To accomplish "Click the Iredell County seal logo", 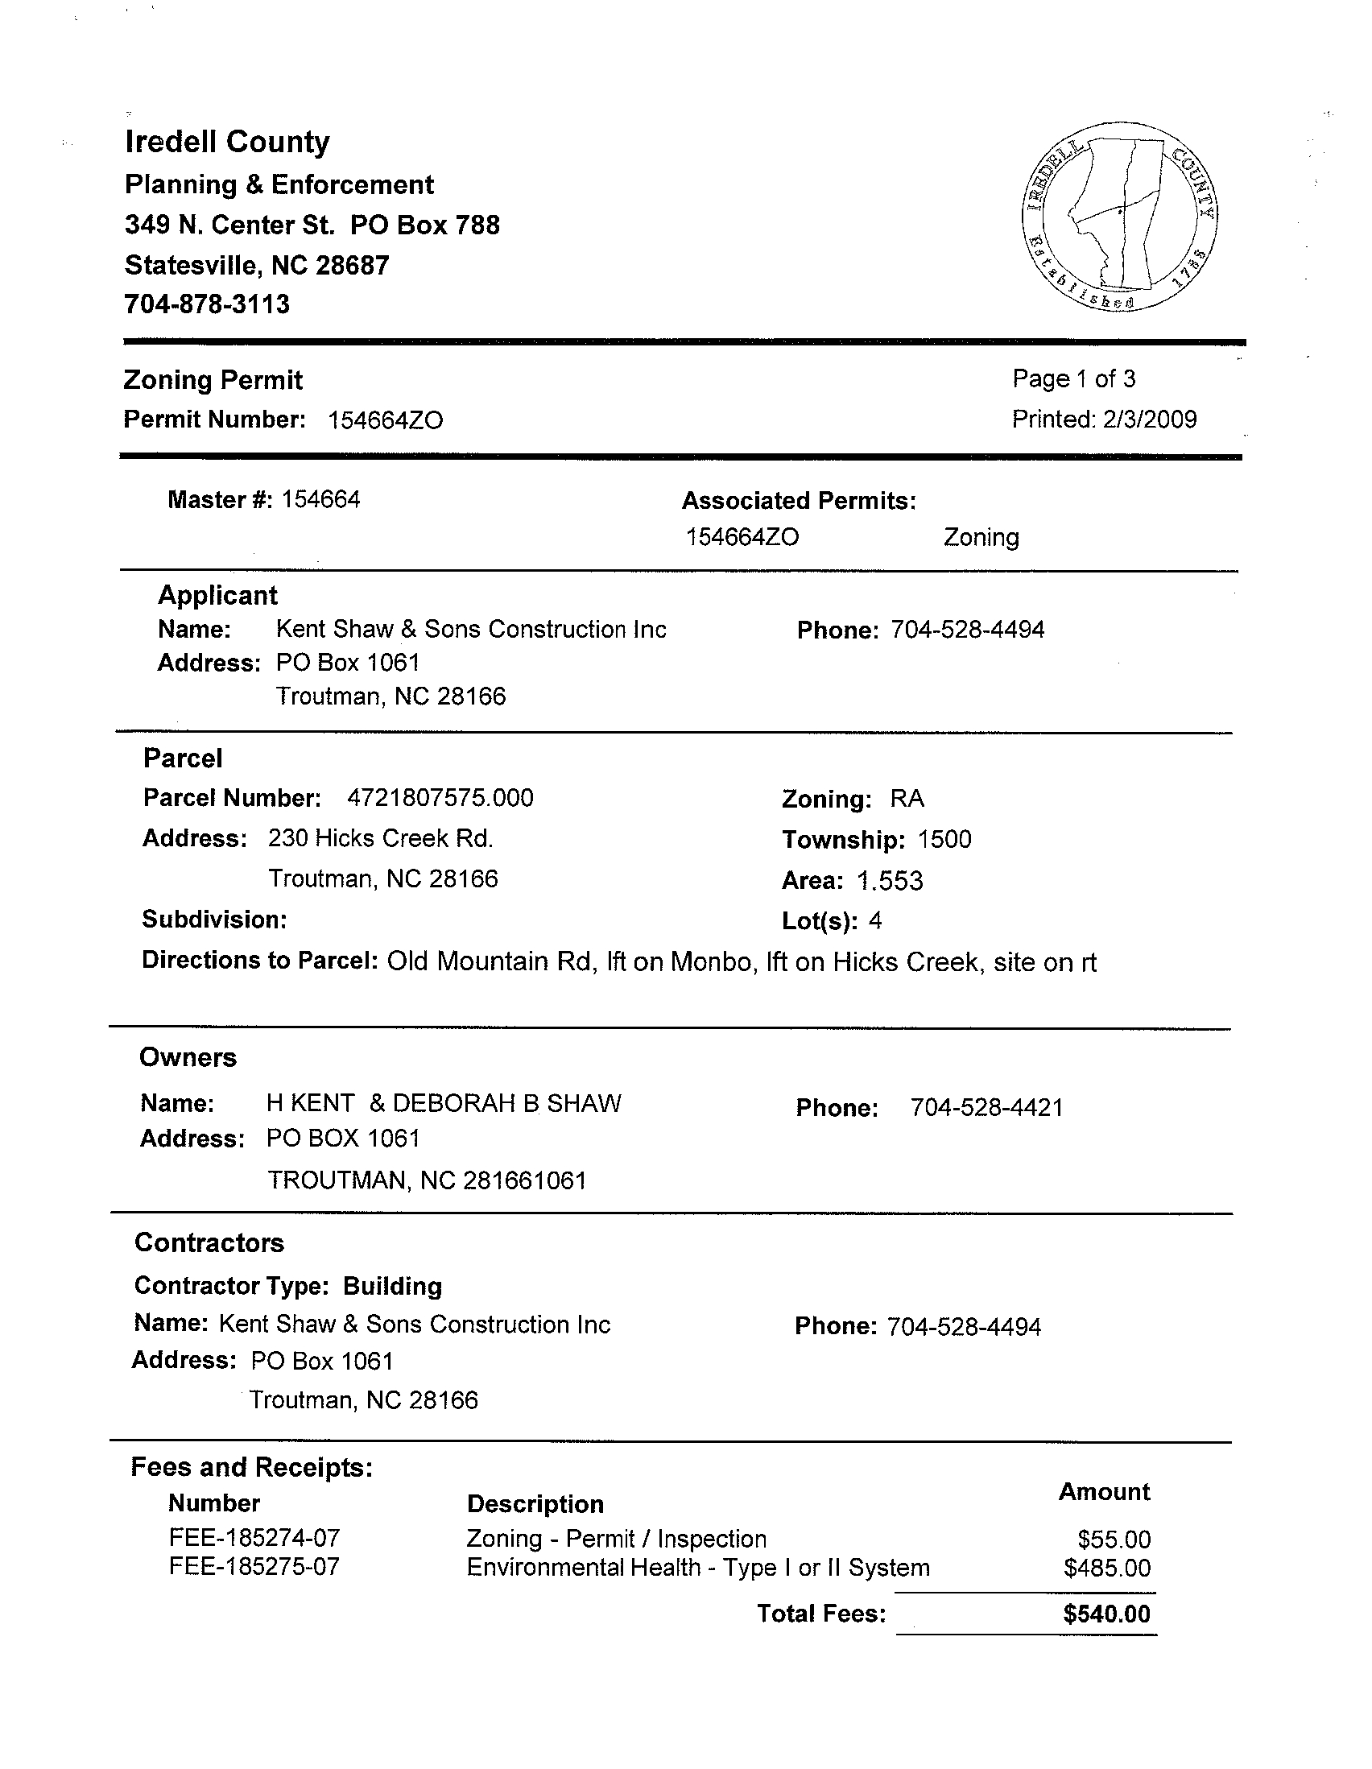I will pyautogui.click(x=1120, y=217).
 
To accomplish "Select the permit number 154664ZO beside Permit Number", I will pyautogui.click(x=386, y=420).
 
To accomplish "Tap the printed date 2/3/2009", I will pyautogui.click(x=1149, y=419).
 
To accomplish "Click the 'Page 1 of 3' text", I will pyautogui.click(x=1074, y=378).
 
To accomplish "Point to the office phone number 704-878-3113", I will pyautogui.click(x=207, y=304).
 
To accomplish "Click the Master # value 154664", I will pyautogui.click(x=320, y=500).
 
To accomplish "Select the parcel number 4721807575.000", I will pyautogui.click(x=440, y=798).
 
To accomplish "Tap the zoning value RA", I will pyautogui.click(x=907, y=799).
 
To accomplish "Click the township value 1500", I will pyautogui.click(x=944, y=839).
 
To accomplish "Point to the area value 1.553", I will pyautogui.click(x=889, y=880).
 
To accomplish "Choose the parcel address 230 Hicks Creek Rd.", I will pyautogui.click(x=381, y=838).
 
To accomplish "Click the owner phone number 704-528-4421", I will pyautogui.click(x=986, y=1107).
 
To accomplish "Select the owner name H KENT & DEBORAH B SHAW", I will pyautogui.click(x=444, y=1103).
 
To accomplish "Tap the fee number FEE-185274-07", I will pyautogui.click(x=254, y=1538).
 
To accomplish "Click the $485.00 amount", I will pyautogui.click(x=1107, y=1569).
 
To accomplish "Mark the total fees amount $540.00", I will pyautogui.click(x=1106, y=1614).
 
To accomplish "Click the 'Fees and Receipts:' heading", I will pyautogui.click(x=252, y=1468).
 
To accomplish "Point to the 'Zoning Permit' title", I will pyautogui.click(x=213, y=380).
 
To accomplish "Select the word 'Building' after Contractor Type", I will pyautogui.click(x=393, y=1286).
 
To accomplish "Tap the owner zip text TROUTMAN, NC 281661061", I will pyautogui.click(x=427, y=1180).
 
